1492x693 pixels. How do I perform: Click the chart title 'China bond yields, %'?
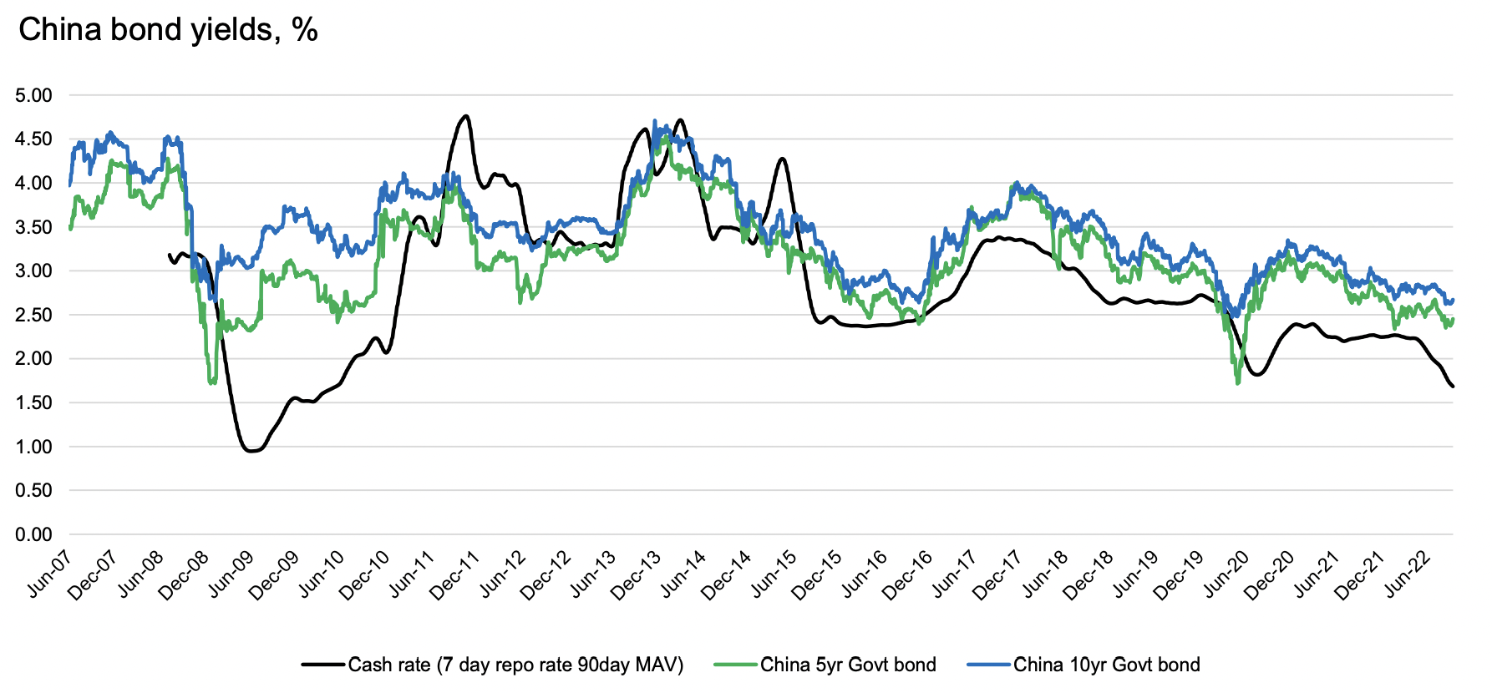tap(168, 30)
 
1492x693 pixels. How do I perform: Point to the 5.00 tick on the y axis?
tap(33, 95)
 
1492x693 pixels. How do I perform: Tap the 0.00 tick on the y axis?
tap(33, 534)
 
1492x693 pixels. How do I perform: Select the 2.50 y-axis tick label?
tap(33, 315)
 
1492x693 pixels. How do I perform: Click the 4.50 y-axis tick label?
tap(33, 139)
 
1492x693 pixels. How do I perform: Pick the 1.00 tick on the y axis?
tap(33, 447)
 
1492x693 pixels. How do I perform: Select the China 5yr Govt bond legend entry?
tap(848, 665)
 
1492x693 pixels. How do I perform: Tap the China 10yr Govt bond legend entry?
tap(1106, 665)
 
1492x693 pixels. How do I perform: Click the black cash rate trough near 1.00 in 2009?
tap(252, 451)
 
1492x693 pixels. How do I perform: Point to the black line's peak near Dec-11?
tap(465, 116)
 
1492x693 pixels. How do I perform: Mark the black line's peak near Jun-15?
tap(782, 159)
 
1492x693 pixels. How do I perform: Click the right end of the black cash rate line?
tap(1453, 386)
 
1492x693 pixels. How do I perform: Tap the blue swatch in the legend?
tap(989, 665)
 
